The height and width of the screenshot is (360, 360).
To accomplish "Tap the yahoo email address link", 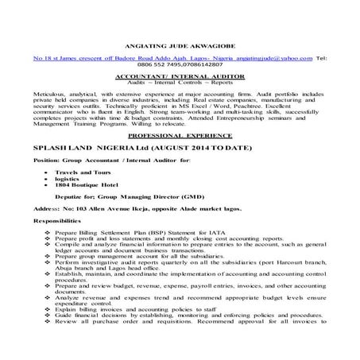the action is coord(268,59).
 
